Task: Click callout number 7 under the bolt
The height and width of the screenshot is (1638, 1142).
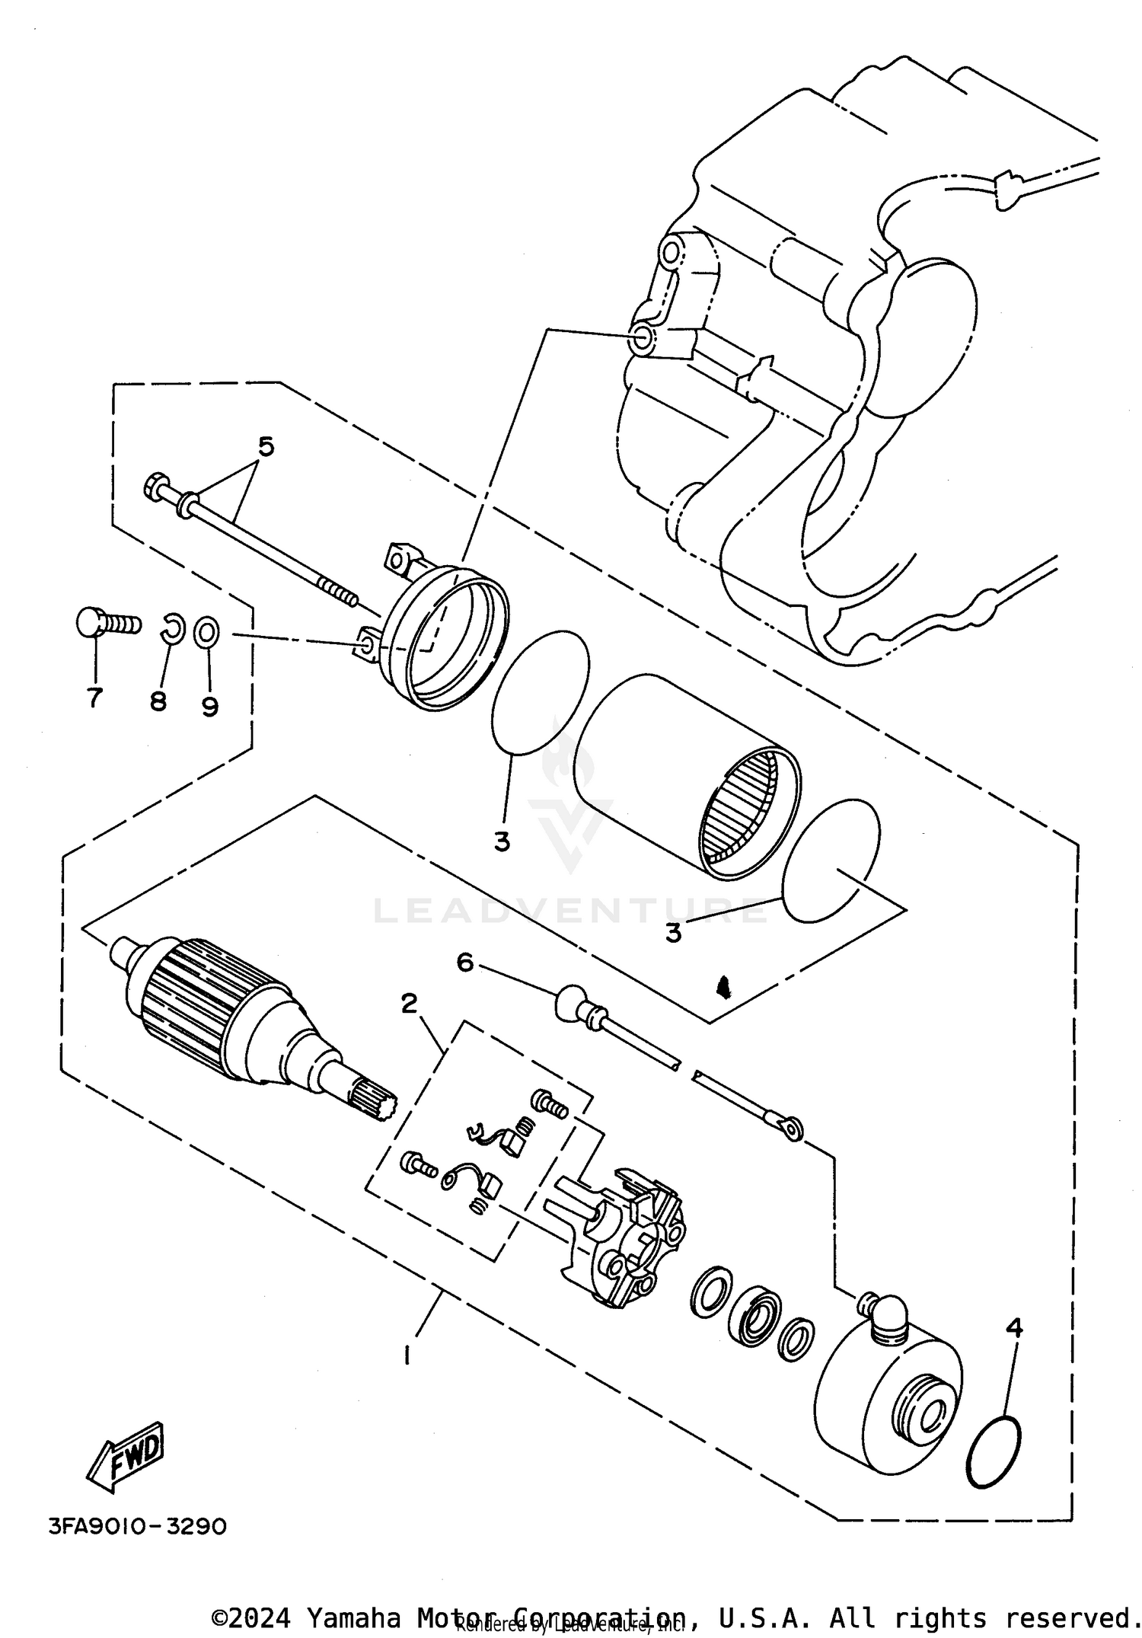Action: (x=94, y=697)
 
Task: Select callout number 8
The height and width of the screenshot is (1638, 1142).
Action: (x=158, y=701)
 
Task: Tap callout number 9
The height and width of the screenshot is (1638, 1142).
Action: (x=210, y=707)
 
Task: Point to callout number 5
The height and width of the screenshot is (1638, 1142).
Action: (x=264, y=446)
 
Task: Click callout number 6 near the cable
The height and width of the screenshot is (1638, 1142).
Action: (x=464, y=963)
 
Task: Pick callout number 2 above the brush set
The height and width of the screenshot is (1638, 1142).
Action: (x=409, y=1004)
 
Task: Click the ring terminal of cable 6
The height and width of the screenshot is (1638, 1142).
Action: (x=792, y=1130)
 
